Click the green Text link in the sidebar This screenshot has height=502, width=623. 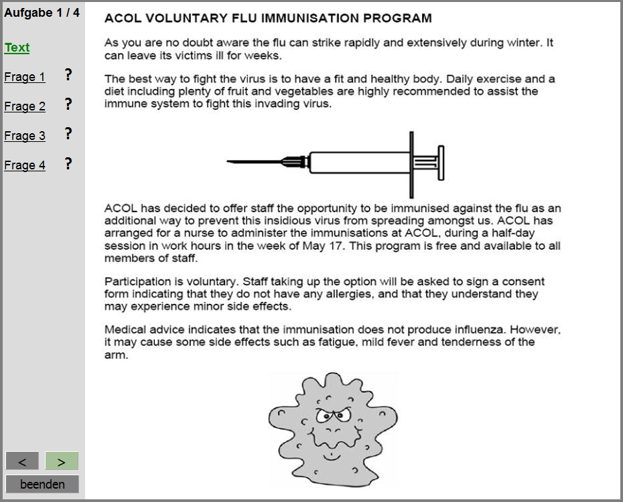click(x=17, y=48)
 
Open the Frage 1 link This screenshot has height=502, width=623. click(x=25, y=77)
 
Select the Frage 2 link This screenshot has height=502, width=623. click(x=25, y=106)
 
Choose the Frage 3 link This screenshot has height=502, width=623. click(x=25, y=136)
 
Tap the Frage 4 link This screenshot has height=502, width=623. click(x=25, y=165)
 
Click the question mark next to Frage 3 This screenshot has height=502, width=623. click(x=68, y=134)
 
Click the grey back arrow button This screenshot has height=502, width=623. click(x=22, y=461)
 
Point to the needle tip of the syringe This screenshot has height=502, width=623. click(x=228, y=161)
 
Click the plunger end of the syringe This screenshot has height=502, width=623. click(x=441, y=163)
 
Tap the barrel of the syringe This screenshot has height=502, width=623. click(x=360, y=162)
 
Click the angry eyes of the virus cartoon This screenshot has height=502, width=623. click(x=334, y=416)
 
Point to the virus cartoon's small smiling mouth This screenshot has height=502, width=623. click(x=332, y=457)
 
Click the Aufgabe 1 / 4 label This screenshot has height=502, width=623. click(x=42, y=13)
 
